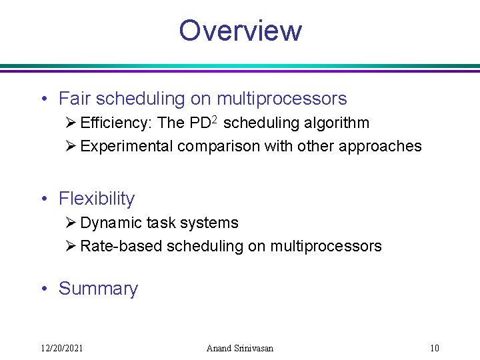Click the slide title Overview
[x=240, y=31]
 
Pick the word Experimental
[x=126, y=147]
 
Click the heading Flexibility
[x=97, y=199]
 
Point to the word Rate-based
[x=121, y=247]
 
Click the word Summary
[x=98, y=289]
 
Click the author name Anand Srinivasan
[x=240, y=348]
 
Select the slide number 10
[x=434, y=348]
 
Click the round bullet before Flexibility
[x=43, y=199]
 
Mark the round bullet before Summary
[x=43, y=289]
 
